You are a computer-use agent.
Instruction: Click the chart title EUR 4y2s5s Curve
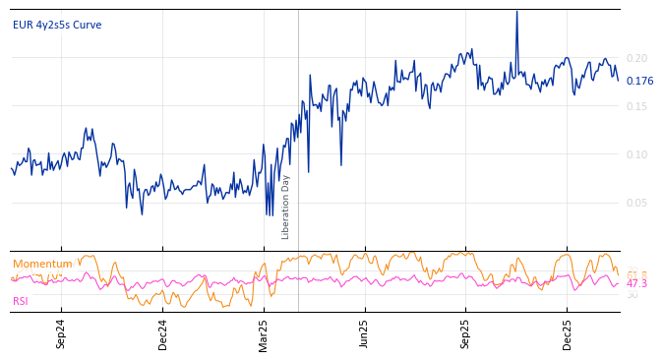pos(57,25)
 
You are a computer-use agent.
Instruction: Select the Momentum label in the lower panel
pos(42,264)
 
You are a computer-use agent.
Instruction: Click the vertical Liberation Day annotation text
pos(286,207)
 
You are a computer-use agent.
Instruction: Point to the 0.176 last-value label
pos(639,82)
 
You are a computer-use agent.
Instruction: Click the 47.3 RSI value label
pos(636,283)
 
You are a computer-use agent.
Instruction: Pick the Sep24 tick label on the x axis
pos(61,333)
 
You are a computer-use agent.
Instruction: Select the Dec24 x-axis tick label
pos(162,333)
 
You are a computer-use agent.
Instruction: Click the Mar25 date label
pos(263,333)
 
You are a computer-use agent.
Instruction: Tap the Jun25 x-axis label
pos(364,333)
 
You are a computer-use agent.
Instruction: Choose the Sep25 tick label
pos(466,333)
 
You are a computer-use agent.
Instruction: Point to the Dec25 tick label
pos(568,333)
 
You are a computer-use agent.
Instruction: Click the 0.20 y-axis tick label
pos(637,58)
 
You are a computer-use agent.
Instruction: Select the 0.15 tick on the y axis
pos(637,106)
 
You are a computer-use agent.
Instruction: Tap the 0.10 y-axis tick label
pos(637,154)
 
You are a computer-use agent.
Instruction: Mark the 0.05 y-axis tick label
pos(637,203)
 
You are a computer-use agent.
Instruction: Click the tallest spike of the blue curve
pos(516,13)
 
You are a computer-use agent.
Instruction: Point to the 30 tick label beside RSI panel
pos(632,294)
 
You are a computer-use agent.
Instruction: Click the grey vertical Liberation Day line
pos(298,98)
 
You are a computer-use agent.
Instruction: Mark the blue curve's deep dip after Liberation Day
pos(309,171)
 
